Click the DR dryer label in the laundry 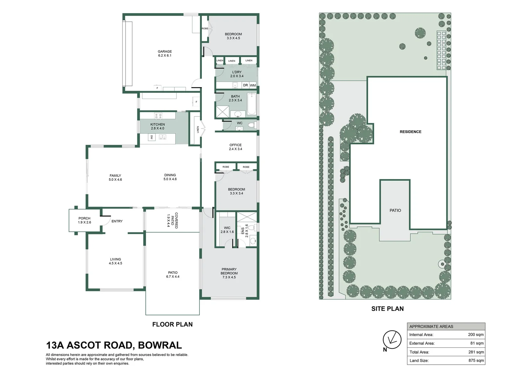coord(245,85)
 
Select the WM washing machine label coord(253,85)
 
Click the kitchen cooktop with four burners coord(158,116)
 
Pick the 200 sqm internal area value coord(476,335)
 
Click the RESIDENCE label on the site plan coord(410,132)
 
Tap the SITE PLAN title coord(387,309)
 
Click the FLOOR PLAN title coord(172,324)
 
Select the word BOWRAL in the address coord(160,345)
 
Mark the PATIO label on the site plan coord(395,210)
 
